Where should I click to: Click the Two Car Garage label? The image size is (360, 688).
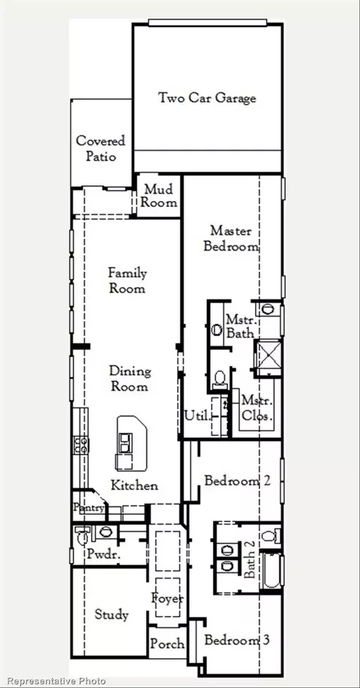coord(207,98)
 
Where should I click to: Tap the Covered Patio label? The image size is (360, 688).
coord(100,149)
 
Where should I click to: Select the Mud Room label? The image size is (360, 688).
coord(159,196)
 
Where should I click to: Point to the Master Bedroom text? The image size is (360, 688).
coord(231,239)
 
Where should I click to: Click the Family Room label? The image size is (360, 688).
coord(127,281)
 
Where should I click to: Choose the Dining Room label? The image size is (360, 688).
coord(130,379)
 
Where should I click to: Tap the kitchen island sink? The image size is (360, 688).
coord(124,443)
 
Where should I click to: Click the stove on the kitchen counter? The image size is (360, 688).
coord(81,445)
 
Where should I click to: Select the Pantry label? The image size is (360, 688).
coord(89,508)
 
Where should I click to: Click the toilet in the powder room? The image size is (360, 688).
coord(82,534)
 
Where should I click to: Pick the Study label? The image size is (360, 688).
coord(112,614)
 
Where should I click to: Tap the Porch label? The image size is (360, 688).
coord(167,644)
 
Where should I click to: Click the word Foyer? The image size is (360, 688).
coord(167,598)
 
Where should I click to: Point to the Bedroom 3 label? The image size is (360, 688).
coord(236,640)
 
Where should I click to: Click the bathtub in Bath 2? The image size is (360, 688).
coord(271,570)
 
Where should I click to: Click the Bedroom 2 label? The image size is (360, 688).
coord(237,481)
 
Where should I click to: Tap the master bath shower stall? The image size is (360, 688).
coord(268,357)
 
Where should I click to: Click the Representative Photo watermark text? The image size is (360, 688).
coord(56,681)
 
